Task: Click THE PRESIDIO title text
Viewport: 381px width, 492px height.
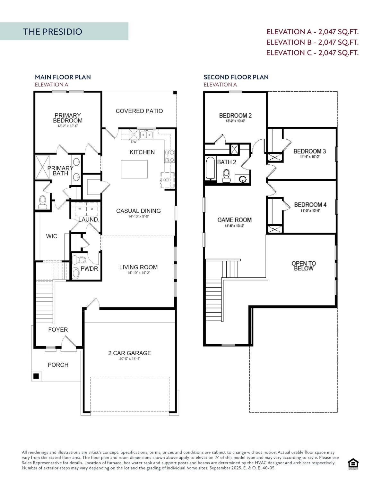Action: (53, 32)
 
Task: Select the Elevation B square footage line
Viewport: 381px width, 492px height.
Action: (312, 42)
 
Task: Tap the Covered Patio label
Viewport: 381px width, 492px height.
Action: (139, 111)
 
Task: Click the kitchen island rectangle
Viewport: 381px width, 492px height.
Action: (134, 169)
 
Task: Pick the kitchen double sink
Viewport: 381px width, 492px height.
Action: (146, 135)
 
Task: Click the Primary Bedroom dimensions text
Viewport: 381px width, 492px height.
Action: (67, 126)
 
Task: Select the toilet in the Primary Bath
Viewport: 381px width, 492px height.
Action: (42, 202)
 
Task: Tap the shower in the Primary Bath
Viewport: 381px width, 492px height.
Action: (42, 167)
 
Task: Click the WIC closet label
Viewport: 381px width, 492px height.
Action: (52, 236)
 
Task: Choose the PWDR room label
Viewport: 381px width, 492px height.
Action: (89, 269)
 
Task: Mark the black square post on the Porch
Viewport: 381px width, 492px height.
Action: (36, 376)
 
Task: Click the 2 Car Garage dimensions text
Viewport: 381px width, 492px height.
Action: (130, 359)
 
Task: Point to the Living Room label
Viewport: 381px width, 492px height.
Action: (138, 267)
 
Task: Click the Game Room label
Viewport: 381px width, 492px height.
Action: (234, 220)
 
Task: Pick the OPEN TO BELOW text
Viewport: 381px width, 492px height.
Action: (304, 266)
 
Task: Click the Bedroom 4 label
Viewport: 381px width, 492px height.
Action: (310, 204)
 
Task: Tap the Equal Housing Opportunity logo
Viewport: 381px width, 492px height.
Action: (353, 464)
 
